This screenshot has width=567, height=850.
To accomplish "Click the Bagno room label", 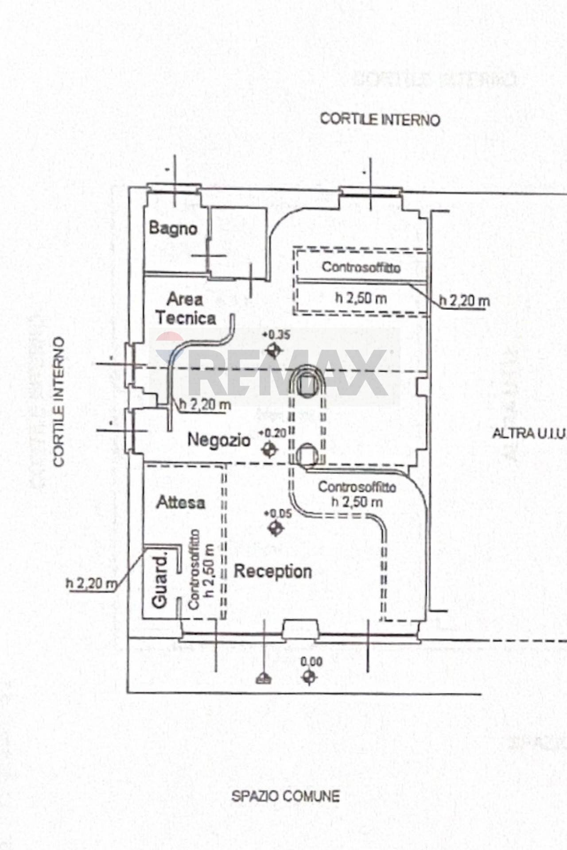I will coord(173,228).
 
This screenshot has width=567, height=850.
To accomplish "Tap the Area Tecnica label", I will coord(185,309).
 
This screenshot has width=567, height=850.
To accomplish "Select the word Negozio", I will coord(219,440).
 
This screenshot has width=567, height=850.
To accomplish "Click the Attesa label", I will coord(181,502).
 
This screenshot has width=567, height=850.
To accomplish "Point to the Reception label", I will coord(272,571).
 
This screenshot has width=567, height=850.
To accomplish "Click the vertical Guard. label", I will coord(160,580).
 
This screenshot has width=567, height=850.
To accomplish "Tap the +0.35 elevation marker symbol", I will coord(273,351).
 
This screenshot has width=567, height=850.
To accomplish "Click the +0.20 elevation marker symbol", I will coord(269,450).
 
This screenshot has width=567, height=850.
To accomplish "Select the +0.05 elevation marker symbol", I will coord(276,528).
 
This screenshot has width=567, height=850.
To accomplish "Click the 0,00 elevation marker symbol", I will coord(309,676).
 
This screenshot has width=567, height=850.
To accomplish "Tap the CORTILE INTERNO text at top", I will coord(380,120).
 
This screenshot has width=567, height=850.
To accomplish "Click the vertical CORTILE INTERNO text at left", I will coord(59,402).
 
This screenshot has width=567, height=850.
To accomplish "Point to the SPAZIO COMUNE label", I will coord(285,796).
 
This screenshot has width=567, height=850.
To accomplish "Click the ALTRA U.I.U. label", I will coord(529,434).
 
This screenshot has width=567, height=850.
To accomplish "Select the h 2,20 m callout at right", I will coord(464,301).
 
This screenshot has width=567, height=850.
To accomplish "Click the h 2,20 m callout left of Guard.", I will coord(91,583).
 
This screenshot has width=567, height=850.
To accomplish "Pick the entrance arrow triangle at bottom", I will coord(264,678).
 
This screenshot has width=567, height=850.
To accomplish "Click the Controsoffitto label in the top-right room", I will coord(361,267).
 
